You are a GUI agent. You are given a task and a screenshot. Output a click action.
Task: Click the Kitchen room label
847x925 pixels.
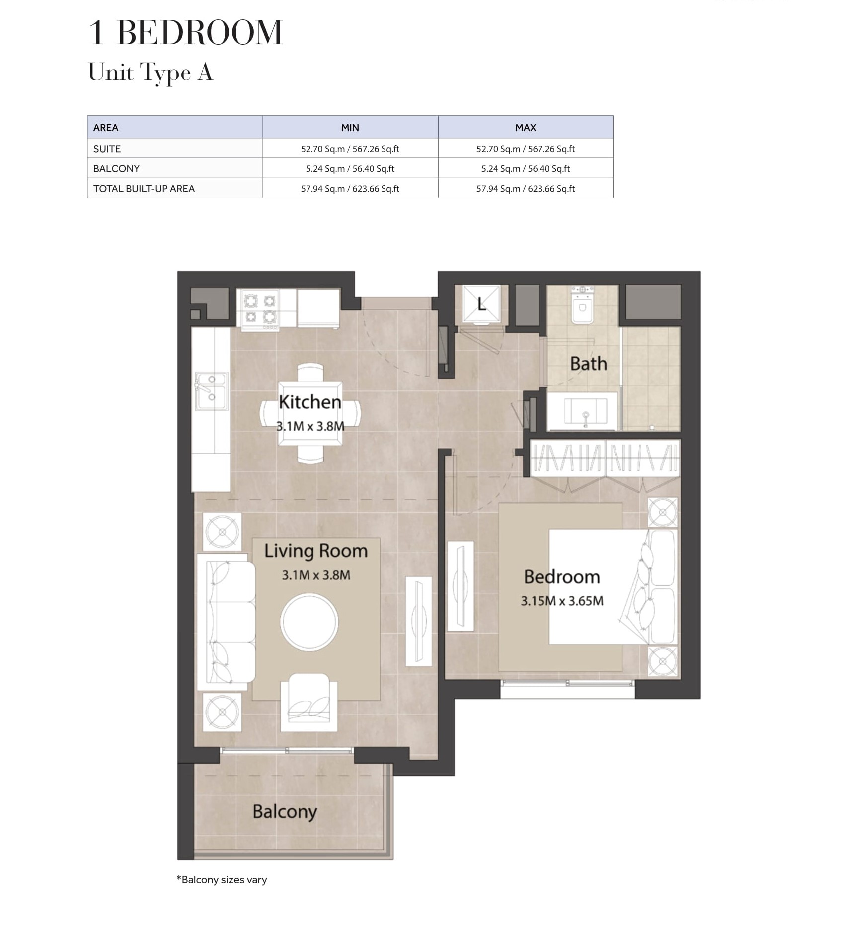(x=310, y=402)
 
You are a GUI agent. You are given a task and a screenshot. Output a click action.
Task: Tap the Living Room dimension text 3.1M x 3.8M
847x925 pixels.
(x=316, y=575)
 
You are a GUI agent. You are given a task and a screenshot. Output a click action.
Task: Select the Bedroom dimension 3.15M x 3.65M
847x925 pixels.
(x=562, y=601)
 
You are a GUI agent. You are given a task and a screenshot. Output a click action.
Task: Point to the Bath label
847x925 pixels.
(x=589, y=363)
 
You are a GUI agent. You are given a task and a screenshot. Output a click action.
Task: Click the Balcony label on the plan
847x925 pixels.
(x=285, y=811)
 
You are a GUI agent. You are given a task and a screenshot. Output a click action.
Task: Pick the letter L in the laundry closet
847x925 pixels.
(x=481, y=304)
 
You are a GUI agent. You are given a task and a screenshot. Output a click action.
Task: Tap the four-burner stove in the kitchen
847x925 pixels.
(x=260, y=310)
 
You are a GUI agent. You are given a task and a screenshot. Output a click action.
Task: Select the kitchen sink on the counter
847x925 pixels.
(x=212, y=391)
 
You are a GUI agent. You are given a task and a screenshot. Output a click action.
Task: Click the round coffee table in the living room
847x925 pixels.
(x=309, y=622)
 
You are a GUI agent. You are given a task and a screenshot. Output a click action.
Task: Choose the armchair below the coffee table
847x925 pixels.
(x=309, y=701)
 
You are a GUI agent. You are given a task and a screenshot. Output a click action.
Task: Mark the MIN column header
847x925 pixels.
(x=350, y=128)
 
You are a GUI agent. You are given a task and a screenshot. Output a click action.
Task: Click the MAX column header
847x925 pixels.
(x=526, y=128)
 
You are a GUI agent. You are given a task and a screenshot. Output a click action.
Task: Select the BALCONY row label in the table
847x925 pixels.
(x=116, y=168)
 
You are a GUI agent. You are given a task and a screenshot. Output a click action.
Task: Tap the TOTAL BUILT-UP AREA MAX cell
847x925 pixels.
(x=526, y=189)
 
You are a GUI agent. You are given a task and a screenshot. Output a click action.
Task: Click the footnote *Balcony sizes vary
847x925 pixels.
(x=222, y=879)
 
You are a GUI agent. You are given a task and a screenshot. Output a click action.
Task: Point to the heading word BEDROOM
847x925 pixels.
(x=199, y=33)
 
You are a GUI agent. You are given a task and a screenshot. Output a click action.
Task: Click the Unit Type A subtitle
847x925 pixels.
(x=151, y=73)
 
